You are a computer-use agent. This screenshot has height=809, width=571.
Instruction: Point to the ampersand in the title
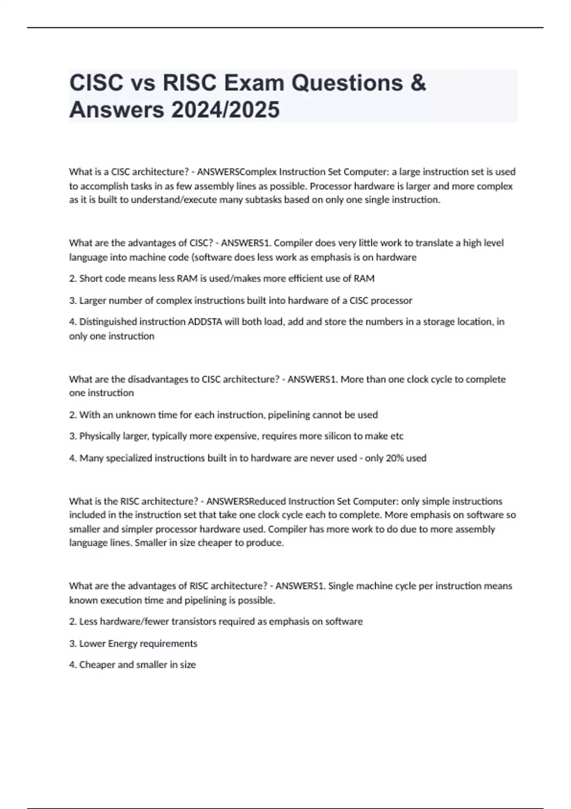point(417,83)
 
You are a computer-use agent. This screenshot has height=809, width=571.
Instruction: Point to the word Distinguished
point(108,322)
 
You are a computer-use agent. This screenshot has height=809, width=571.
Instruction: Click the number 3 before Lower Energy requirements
point(72,643)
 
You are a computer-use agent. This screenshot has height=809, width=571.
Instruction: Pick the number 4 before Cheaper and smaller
point(72,665)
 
